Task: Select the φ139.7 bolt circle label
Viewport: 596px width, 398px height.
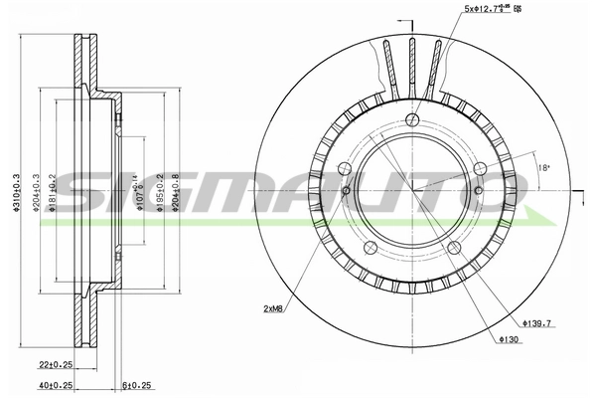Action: [537, 323]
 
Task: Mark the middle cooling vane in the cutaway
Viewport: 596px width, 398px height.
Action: [410, 65]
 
